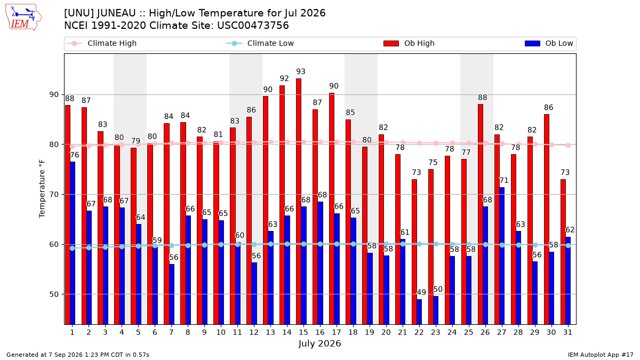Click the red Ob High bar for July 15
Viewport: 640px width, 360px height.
tap(299, 202)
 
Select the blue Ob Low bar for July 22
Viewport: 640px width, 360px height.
tap(419, 311)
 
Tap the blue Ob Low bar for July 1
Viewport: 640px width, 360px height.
tap(73, 243)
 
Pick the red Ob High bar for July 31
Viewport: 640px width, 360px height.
tap(563, 252)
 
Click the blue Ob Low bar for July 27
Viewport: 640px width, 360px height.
tap(502, 255)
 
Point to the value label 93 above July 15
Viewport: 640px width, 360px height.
tap(301, 71)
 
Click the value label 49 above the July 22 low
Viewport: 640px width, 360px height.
tap(421, 292)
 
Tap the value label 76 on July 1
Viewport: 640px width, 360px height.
tap(74, 155)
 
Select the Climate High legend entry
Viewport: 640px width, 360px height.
tap(101, 43)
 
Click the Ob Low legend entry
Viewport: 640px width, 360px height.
tap(549, 43)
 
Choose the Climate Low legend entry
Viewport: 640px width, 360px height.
tap(260, 43)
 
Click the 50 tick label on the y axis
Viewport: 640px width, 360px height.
tap(54, 294)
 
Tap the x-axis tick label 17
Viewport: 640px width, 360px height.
tap(337, 332)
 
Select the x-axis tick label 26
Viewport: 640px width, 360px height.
tap(485, 332)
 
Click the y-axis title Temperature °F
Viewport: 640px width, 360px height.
tap(42, 189)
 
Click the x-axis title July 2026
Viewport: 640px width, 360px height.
tap(319, 343)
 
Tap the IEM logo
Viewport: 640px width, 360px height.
tap(23, 18)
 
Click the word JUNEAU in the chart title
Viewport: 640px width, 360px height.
tap(116, 13)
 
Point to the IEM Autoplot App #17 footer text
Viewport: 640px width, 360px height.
tap(601, 355)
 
